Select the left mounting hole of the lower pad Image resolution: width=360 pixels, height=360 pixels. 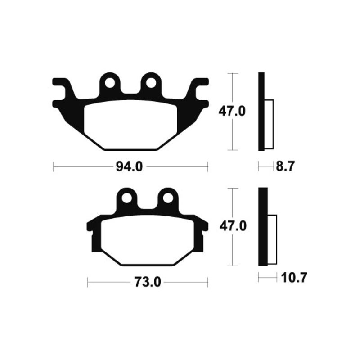tap(126, 198)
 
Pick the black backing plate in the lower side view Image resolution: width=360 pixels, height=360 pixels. tap(262, 227)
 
